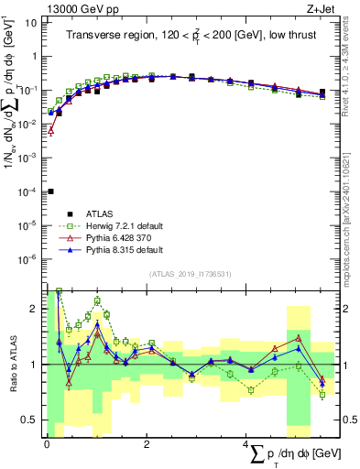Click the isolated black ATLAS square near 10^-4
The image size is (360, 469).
pyautogui.click(x=50, y=191)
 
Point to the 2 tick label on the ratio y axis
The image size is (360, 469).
pyautogui.click(x=33, y=309)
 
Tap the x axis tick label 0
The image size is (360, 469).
pyautogui.click(x=47, y=443)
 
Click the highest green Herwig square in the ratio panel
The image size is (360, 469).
pyautogui.click(x=60, y=291)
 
